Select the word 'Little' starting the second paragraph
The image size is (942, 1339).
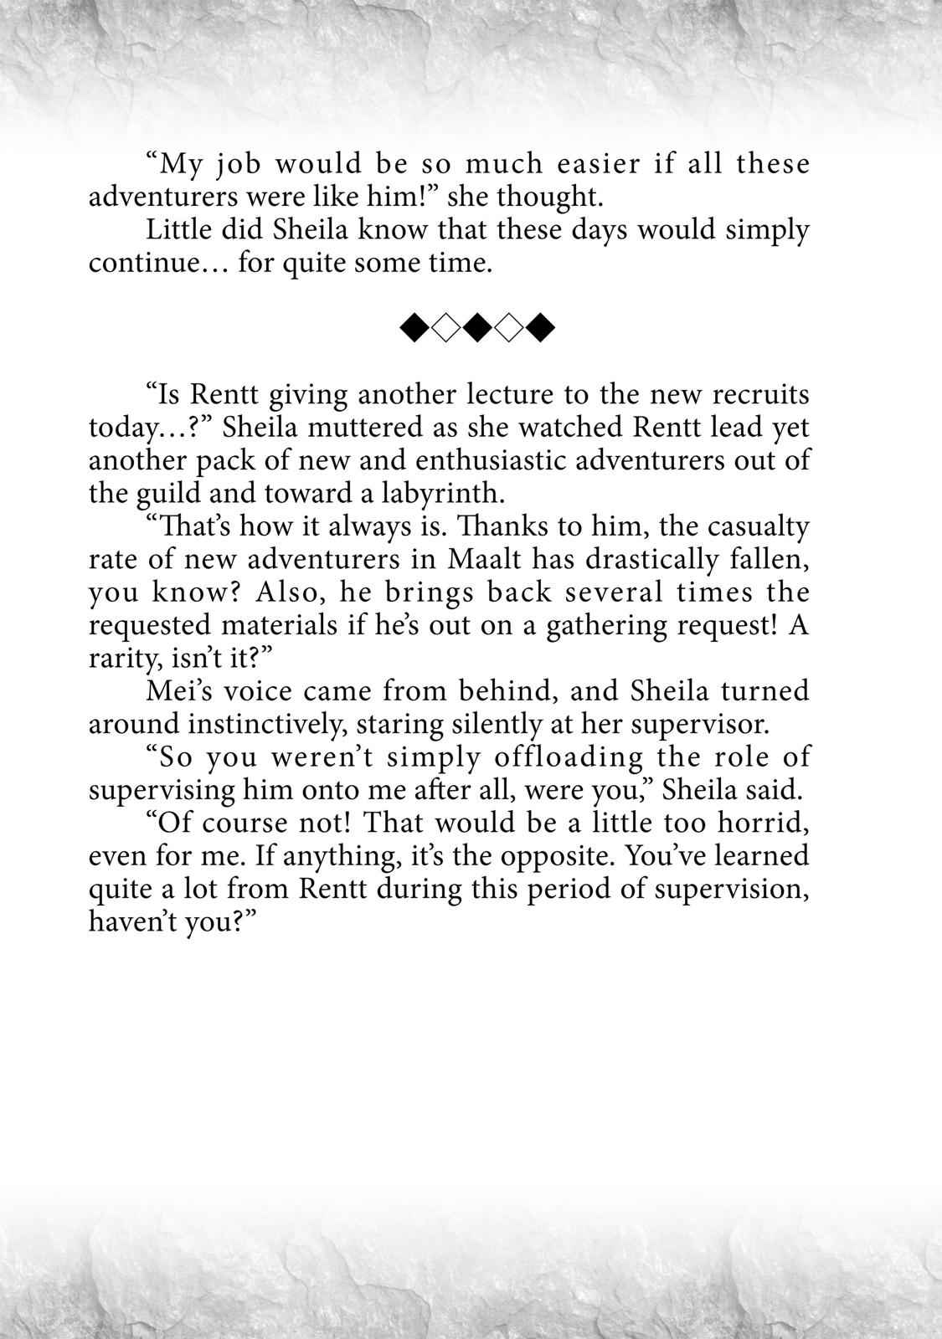tap(172, 230)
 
